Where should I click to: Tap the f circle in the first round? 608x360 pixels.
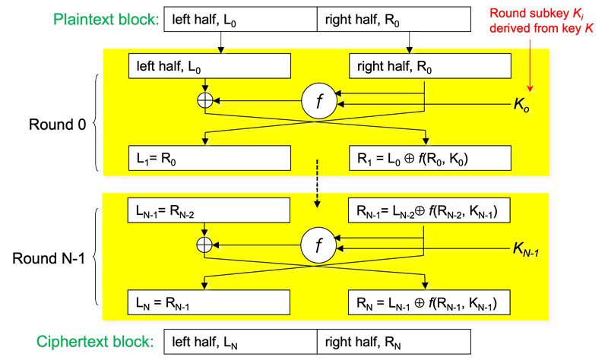click(319, 102)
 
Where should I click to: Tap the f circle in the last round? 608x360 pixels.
click(319, 245)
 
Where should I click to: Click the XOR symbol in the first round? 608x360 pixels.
click(204, 101)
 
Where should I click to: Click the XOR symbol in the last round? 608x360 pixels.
click(204, 244)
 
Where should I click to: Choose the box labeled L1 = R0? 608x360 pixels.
click(211, 159)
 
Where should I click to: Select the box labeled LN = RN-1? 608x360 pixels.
click(211, 303)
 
